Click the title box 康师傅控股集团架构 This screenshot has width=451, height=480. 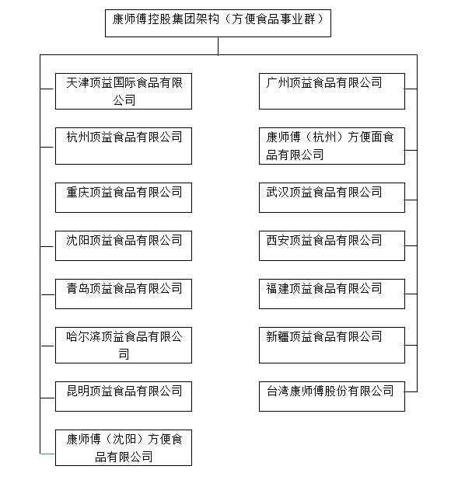pyautogui.click(x=218, y=23)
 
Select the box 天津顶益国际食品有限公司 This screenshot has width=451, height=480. pyautogui.click(x=124, y=91)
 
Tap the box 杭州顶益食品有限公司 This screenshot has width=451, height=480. pyautogui.click(x=124, y=145)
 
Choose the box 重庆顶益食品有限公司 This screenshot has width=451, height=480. pyautogui.click(x=124, y=197)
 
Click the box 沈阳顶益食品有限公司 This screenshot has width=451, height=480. pyautogui.click(x=124, y=245)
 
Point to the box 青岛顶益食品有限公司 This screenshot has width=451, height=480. pyautogui.click(x=124, y=294)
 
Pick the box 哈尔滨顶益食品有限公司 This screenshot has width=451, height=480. pyautogui.click(x=124, y=345)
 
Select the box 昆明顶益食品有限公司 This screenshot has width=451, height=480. pyautogui.click(x=124, y=395)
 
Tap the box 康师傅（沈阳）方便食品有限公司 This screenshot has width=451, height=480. pyautogui.click(x=124, y=448)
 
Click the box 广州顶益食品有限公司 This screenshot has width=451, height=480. pyautogui.click(x=332, y=91)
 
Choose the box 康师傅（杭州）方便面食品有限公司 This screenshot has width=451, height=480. pyautogui.click(x=332, y=145)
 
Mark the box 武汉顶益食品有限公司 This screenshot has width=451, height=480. pyautogui.click(x=332, y=197)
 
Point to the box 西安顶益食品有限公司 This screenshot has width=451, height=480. pyautogui.click(x=332, y=245)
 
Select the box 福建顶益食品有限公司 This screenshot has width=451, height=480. pyautogui.click(x=332, y=294)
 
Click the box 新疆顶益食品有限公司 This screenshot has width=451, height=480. pyautogui.click(x=332, y=345)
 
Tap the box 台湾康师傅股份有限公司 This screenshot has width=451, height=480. pyautogui.click(x=332, y=395)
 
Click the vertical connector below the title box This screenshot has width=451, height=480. pyautogui.click(x=219, y=46)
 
